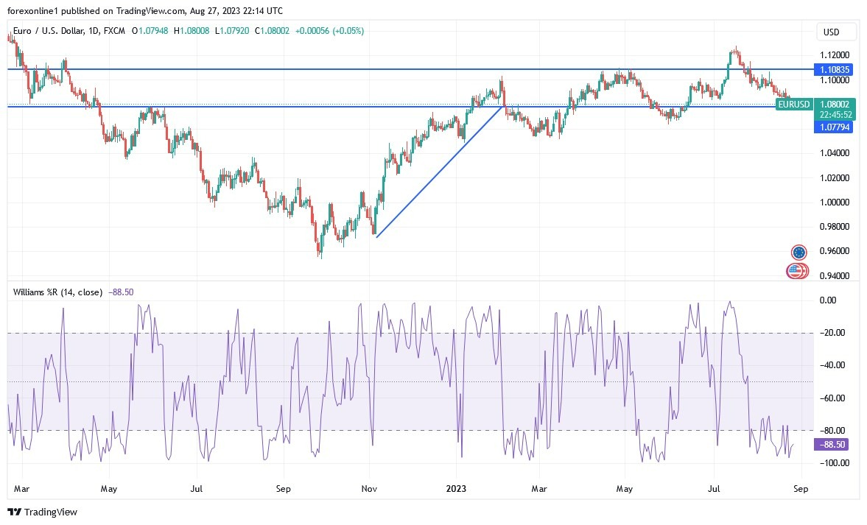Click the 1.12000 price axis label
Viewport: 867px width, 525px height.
coord(834,55)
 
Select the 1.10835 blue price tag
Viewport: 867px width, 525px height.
coord(834,69)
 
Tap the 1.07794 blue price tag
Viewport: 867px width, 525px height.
coord(834,127)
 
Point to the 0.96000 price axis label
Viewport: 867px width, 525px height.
coord(834,251)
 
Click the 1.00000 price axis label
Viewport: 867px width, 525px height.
coord(834,202)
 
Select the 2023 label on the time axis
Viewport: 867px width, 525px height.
coord(457,488)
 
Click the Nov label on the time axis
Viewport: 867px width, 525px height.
coord(370,488)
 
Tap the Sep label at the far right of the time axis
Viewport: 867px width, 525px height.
coord(801,488)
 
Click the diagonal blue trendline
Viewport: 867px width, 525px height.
coord(440,171)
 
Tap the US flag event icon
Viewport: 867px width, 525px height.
coord(794,271)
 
